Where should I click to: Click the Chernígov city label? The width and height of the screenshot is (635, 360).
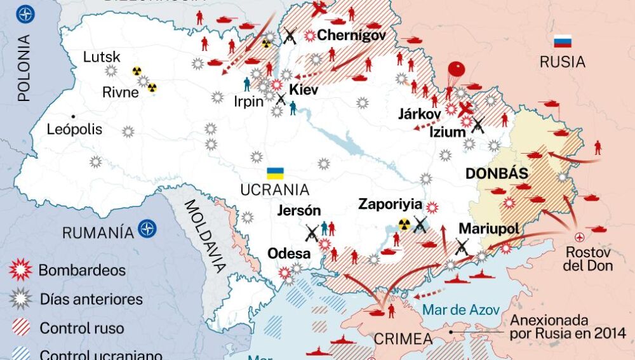(x=351, y=36)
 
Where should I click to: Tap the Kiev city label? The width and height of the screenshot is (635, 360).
(x=304, y=90)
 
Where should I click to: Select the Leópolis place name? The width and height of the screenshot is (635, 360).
(x=74, y=130)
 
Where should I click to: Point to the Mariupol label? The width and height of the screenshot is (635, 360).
(x=488, y=229)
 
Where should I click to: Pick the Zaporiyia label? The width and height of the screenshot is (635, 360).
(x=390, y=204)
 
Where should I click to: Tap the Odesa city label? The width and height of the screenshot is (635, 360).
(x=289, y=253)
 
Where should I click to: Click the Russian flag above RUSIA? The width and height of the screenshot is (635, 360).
(x=562, y=41)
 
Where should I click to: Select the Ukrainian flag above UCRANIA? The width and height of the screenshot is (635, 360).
(x=275, y=173)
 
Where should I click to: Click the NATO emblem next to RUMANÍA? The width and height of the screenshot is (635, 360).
(x=147, y=229)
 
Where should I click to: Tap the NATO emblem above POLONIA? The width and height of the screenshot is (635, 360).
(x=25, y=14)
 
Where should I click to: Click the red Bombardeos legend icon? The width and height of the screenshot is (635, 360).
(x=20, y=270)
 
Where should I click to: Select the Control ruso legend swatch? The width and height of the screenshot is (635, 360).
(x=20, y=328)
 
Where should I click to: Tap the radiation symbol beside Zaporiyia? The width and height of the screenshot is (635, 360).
(x=404, y=223)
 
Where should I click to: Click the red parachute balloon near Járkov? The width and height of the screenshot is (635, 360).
(x=455, y=69)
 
